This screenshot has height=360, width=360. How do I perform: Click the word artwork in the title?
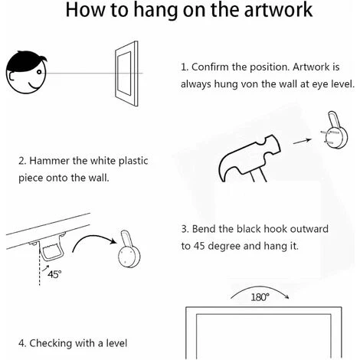[278, 10]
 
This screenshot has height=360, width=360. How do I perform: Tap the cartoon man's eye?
[38, 72]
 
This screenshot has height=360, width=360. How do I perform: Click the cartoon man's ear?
[10, 77]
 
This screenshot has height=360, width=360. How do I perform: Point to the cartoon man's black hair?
[25, 61]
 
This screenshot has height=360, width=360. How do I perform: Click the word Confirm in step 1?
[208, 67]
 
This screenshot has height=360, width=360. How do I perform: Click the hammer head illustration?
[250, 159]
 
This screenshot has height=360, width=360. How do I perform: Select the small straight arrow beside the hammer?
[302, 141]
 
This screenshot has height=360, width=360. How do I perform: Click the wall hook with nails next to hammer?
[335, 133]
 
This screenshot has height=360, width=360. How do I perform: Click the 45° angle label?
[54, 274]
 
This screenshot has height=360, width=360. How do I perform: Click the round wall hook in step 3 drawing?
[129, 253]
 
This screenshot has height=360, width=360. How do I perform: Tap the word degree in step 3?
[224, 247]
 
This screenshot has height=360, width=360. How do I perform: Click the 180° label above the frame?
[260, 297]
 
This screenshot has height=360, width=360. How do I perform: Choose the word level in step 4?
[116, 343]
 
